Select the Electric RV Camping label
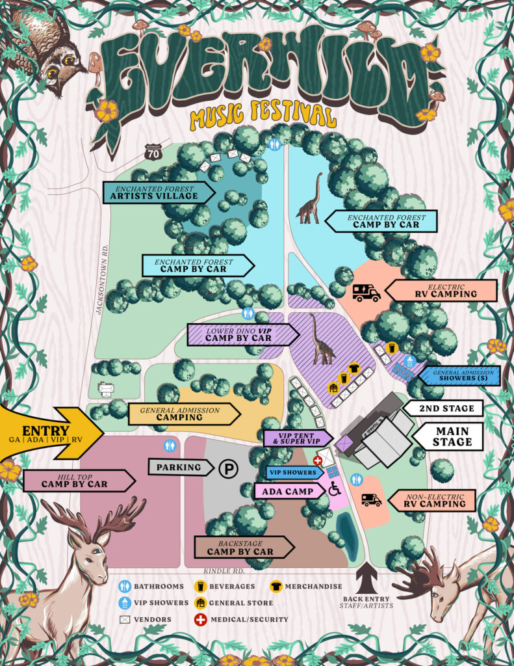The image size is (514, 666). coord(444,290)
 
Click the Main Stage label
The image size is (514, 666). coord(452,436)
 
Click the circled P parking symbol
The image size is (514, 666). coord(227,468)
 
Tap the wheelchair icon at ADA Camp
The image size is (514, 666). coord(335,490)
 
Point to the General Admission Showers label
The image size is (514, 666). coord(460,376)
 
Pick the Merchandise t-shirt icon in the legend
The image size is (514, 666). coord(276,586)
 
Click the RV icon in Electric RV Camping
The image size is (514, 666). coord(366,293)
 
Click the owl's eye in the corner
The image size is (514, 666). coord(51,73)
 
